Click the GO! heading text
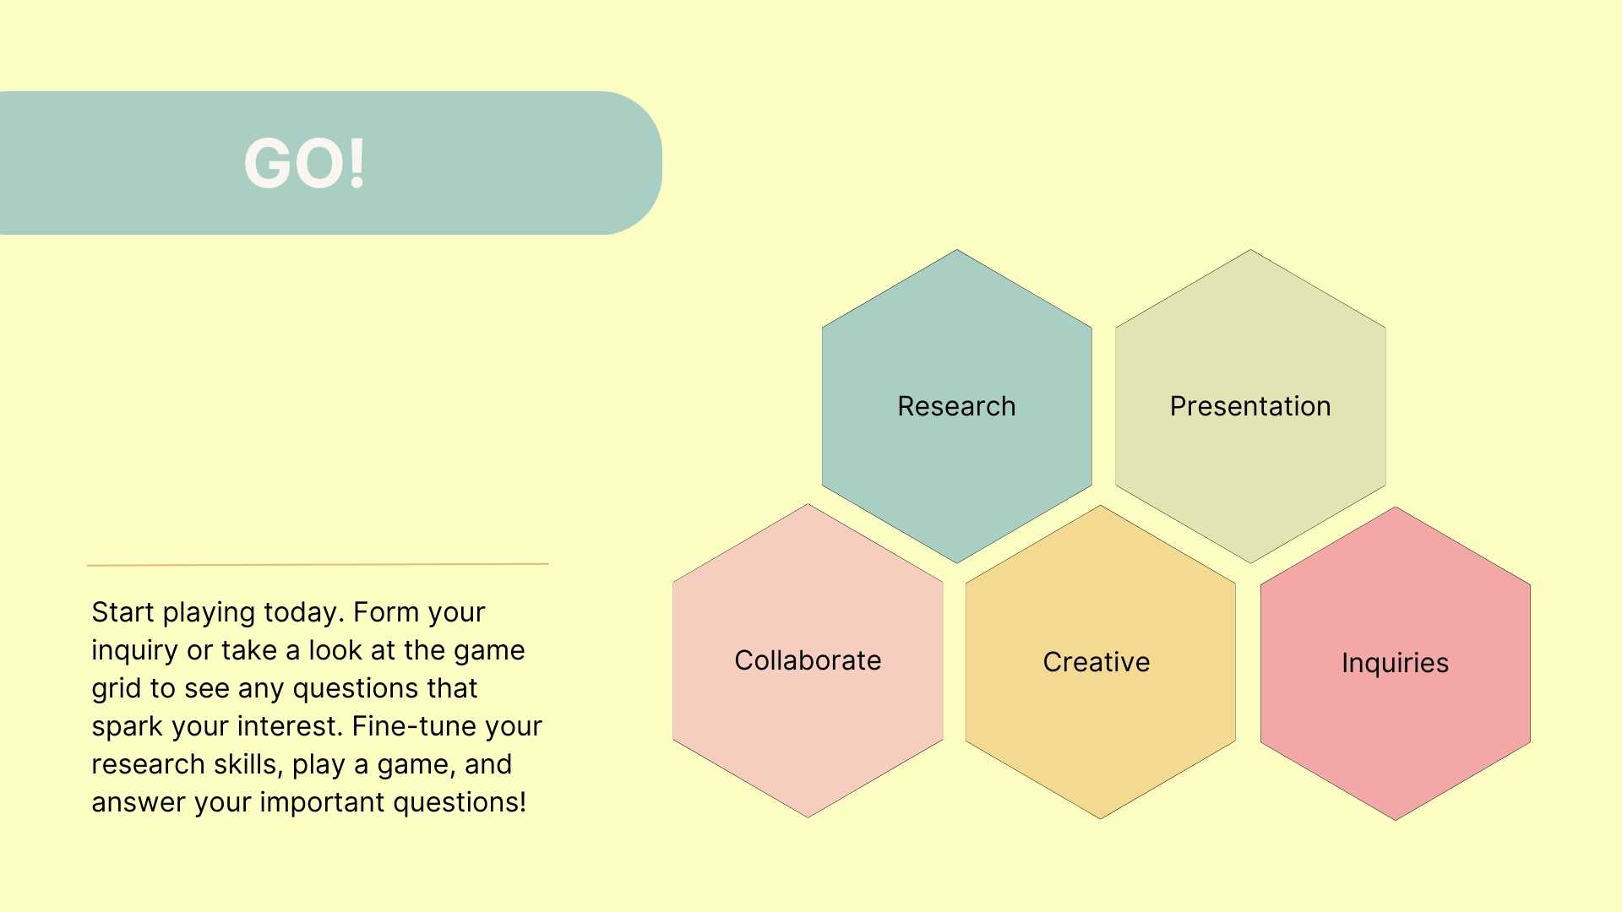[x=304, y=163]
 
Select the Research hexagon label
[x=956, y=406]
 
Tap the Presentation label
[x=1249, y=406]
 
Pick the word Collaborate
[x=808, y=660]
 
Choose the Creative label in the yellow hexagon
[x=1096, y=662]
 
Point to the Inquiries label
[x=1395, y=663]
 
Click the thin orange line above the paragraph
[x=318, y=564]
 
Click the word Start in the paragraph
[x=122, y=612]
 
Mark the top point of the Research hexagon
[x=956, y=251]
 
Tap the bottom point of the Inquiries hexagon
[x=1395, y=818]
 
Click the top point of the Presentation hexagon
[x=1250, y=251]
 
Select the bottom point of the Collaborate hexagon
[x=808, y=816]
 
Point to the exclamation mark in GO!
[x=357, y=163]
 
